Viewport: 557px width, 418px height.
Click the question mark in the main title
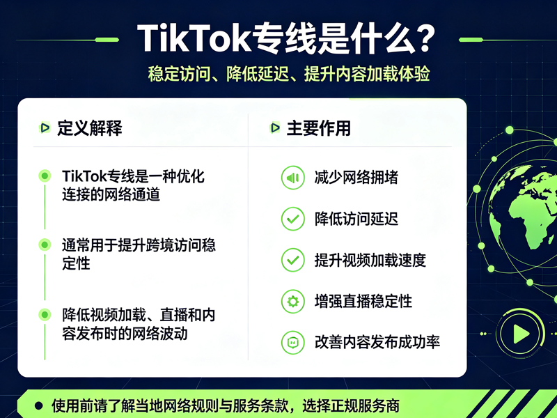(x=422, y=39)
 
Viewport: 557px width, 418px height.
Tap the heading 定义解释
(x=90, y=128)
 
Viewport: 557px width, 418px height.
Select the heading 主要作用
(x=319, y=128)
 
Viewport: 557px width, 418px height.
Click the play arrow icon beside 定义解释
(x=45, y=127)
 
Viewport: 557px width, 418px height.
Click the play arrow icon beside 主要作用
(x=275, y=127)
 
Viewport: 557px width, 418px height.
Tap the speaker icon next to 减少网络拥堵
(x=292, y=178)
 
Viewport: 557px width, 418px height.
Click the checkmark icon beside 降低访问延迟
(x=292, y=219)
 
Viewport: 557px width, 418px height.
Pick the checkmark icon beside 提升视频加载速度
(x=292, y=260)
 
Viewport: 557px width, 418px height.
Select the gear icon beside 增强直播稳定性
(x=292, y=302)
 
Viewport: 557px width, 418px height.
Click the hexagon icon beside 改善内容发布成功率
(x=292, y=343)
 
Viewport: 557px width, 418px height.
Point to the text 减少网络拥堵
(x=356, y=178)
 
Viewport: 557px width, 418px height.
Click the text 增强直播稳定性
(x=363, y=302)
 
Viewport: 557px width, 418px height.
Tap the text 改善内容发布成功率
(x=377, y=342)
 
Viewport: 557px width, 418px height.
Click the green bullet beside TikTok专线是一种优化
(x=45, y=176)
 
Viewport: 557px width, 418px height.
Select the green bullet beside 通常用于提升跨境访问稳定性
(x=45, y=245)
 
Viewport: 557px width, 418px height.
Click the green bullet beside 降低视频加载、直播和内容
(x=45, y=315)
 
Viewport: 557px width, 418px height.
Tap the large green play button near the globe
(x=521, y=334)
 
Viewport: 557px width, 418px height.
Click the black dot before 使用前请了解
(x=39, y=405)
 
